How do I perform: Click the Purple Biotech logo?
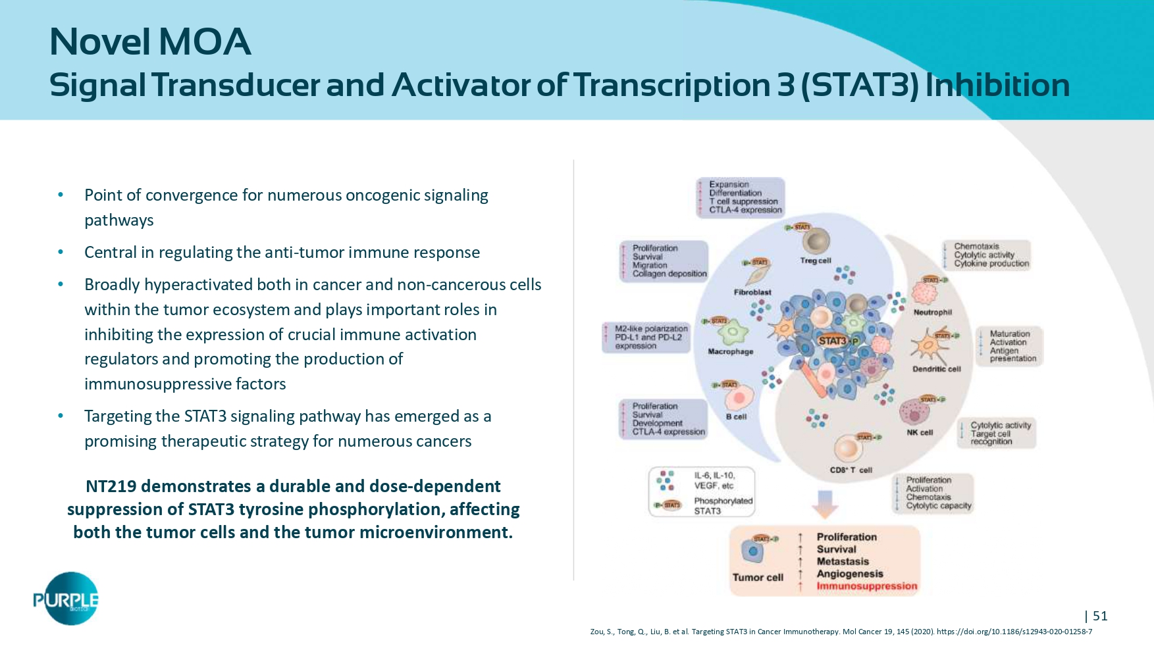(66, 599)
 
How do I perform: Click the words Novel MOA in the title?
(150, 41)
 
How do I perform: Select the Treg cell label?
(816, 261)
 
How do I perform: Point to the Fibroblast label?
(752, 292)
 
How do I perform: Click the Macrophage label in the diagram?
(730, 352)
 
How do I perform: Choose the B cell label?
(736, 417)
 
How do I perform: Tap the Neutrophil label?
(932, 312)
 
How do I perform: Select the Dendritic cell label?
(936, 369)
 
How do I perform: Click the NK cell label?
(920, 433)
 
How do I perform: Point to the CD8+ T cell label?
(851, 470)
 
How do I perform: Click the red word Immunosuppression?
(866, 586)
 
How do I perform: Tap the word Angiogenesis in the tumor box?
(850, 574)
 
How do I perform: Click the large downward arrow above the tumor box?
(824, 504)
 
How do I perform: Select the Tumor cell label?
(758, 578)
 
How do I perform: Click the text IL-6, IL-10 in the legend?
(714, 476)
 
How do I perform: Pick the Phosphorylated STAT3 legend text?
(723, 506)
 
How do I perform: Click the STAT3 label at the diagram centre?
(832, 341)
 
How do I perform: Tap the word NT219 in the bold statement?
(111, 486)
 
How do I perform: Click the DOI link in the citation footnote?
(1014, 632)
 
